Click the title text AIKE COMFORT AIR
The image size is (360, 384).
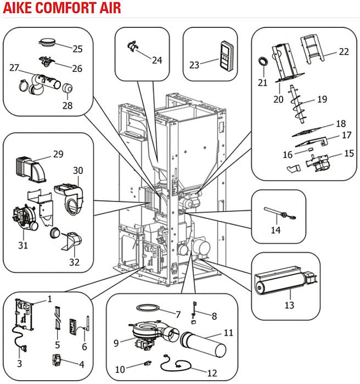click(61, 8)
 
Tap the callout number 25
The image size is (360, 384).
click(77, 49)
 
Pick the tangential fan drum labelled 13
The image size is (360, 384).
click(280, 281)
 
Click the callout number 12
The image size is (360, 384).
click(212, 374)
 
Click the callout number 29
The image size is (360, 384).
click(58, 155)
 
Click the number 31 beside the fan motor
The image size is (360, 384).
click(22, 245)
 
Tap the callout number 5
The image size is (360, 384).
click(58, 345)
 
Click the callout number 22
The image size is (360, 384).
click(344, 52)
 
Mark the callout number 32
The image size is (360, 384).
click(74, 262)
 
